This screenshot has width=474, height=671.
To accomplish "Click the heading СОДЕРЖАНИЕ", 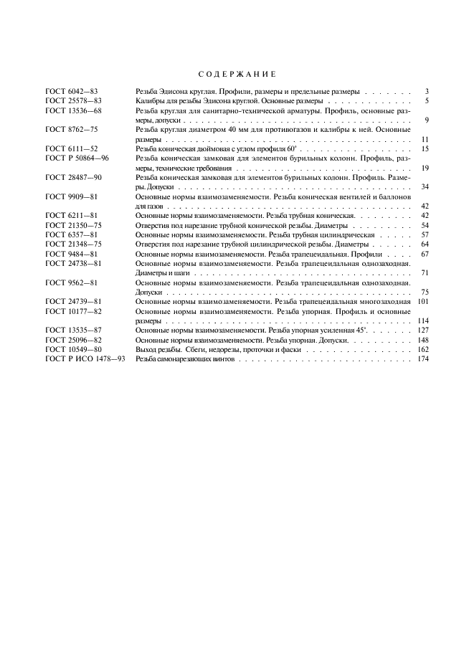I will pyautogui.click(x=237, y=74).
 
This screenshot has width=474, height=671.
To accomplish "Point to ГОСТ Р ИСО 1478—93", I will pyautogui.click(x=85, y=358).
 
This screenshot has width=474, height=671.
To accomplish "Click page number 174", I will pyautogui.click(x=422, y=358).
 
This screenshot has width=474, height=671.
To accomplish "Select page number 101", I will pyautogui.click(x=422, y=302).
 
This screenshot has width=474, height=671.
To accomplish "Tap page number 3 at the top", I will pyautogui.click(x=426, y=92).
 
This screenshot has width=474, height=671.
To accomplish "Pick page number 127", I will pyautogui.click(x=422, y=330).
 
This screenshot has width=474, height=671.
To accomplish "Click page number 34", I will pyautogui.click(x=424, y=186).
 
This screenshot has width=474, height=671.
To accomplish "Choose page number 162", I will pyautogui.click(x=422, y=349).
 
